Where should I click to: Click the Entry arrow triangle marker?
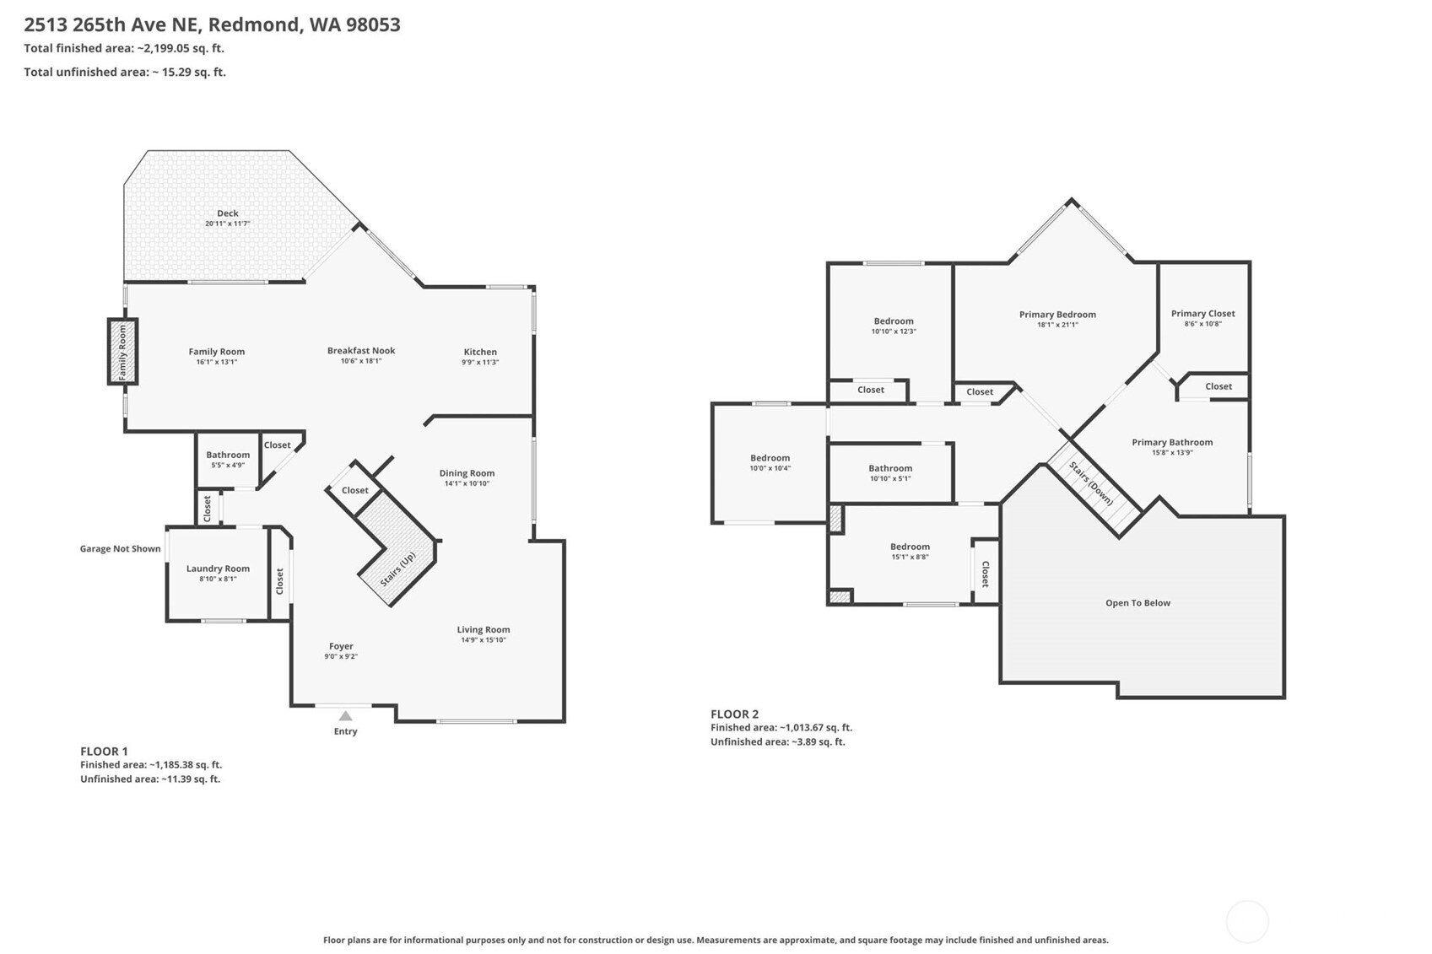(x=345, y=715)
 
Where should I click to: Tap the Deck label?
(x=228, y=213)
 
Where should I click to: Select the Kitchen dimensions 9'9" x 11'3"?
(x=480, y=363)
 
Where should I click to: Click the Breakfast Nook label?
(x=361, y=350)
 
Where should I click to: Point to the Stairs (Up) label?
(x=397, y=569)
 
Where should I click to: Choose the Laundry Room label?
(x=218, y=569)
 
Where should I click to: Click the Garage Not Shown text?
(x=120, y=549)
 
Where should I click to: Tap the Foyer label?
(x=341, y=646)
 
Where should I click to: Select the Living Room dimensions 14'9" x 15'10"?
(x=484, y=640)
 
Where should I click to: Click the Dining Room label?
(x=467, y=473)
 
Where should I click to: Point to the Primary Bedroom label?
(x=1057, y=315)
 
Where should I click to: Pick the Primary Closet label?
(x=1203, y=313)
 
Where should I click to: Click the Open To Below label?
(x=1138, y=602)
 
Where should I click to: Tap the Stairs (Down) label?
(x=1091, y=483)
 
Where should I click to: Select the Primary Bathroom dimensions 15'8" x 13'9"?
(x=1172, y=453)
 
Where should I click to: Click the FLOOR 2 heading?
(x=734, y=714)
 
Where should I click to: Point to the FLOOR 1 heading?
(x=104, y=752)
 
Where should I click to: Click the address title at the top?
(x=213, y=24)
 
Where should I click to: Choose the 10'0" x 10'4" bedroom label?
(x=770, y=468)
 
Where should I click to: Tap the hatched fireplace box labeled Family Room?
(x=122, y=352)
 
